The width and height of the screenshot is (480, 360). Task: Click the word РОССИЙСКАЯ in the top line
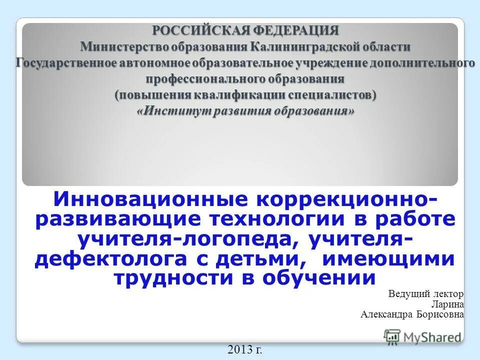coord(194,30)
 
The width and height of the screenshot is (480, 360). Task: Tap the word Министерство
coord(124,46)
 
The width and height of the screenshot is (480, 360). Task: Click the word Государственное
coord(66,63)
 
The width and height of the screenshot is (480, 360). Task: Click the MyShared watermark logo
coord(423,336)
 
